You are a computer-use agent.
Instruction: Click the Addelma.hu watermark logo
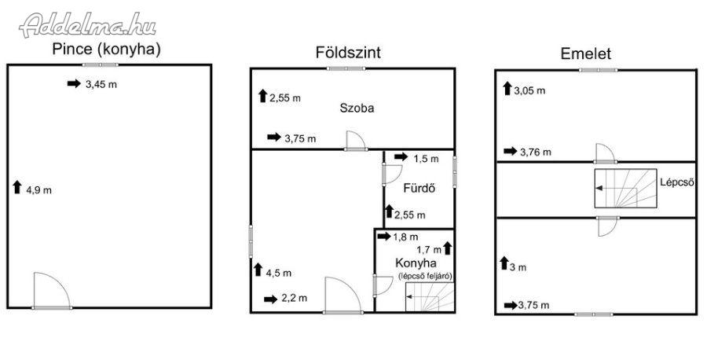point(88,25)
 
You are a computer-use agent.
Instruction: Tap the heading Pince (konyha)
point(106,50)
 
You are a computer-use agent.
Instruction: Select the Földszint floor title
point(348,53)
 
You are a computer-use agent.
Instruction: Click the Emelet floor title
point(586,53)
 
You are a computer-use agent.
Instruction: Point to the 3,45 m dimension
point(101,84)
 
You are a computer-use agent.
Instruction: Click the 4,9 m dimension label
point(38,190)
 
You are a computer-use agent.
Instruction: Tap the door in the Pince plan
point(51,291)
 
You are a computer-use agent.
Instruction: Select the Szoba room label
point(357,108)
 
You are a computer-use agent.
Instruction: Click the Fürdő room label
point(419,189)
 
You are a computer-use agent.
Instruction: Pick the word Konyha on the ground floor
point(416,263)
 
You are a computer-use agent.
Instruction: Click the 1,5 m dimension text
point(426,159)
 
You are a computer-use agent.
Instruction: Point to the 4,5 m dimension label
point(279,273)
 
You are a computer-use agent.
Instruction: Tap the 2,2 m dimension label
point(294,298)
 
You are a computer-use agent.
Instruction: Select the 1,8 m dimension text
point(405,237)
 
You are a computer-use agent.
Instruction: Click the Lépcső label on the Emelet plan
point(676,183)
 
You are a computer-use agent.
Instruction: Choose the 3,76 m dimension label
point(536,152)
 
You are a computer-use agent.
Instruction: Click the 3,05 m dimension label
point(529,90)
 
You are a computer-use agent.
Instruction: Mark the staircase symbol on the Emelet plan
point(625,188)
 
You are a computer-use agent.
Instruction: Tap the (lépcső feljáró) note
point(425,276)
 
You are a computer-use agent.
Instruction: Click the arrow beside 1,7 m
point(447,248)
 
